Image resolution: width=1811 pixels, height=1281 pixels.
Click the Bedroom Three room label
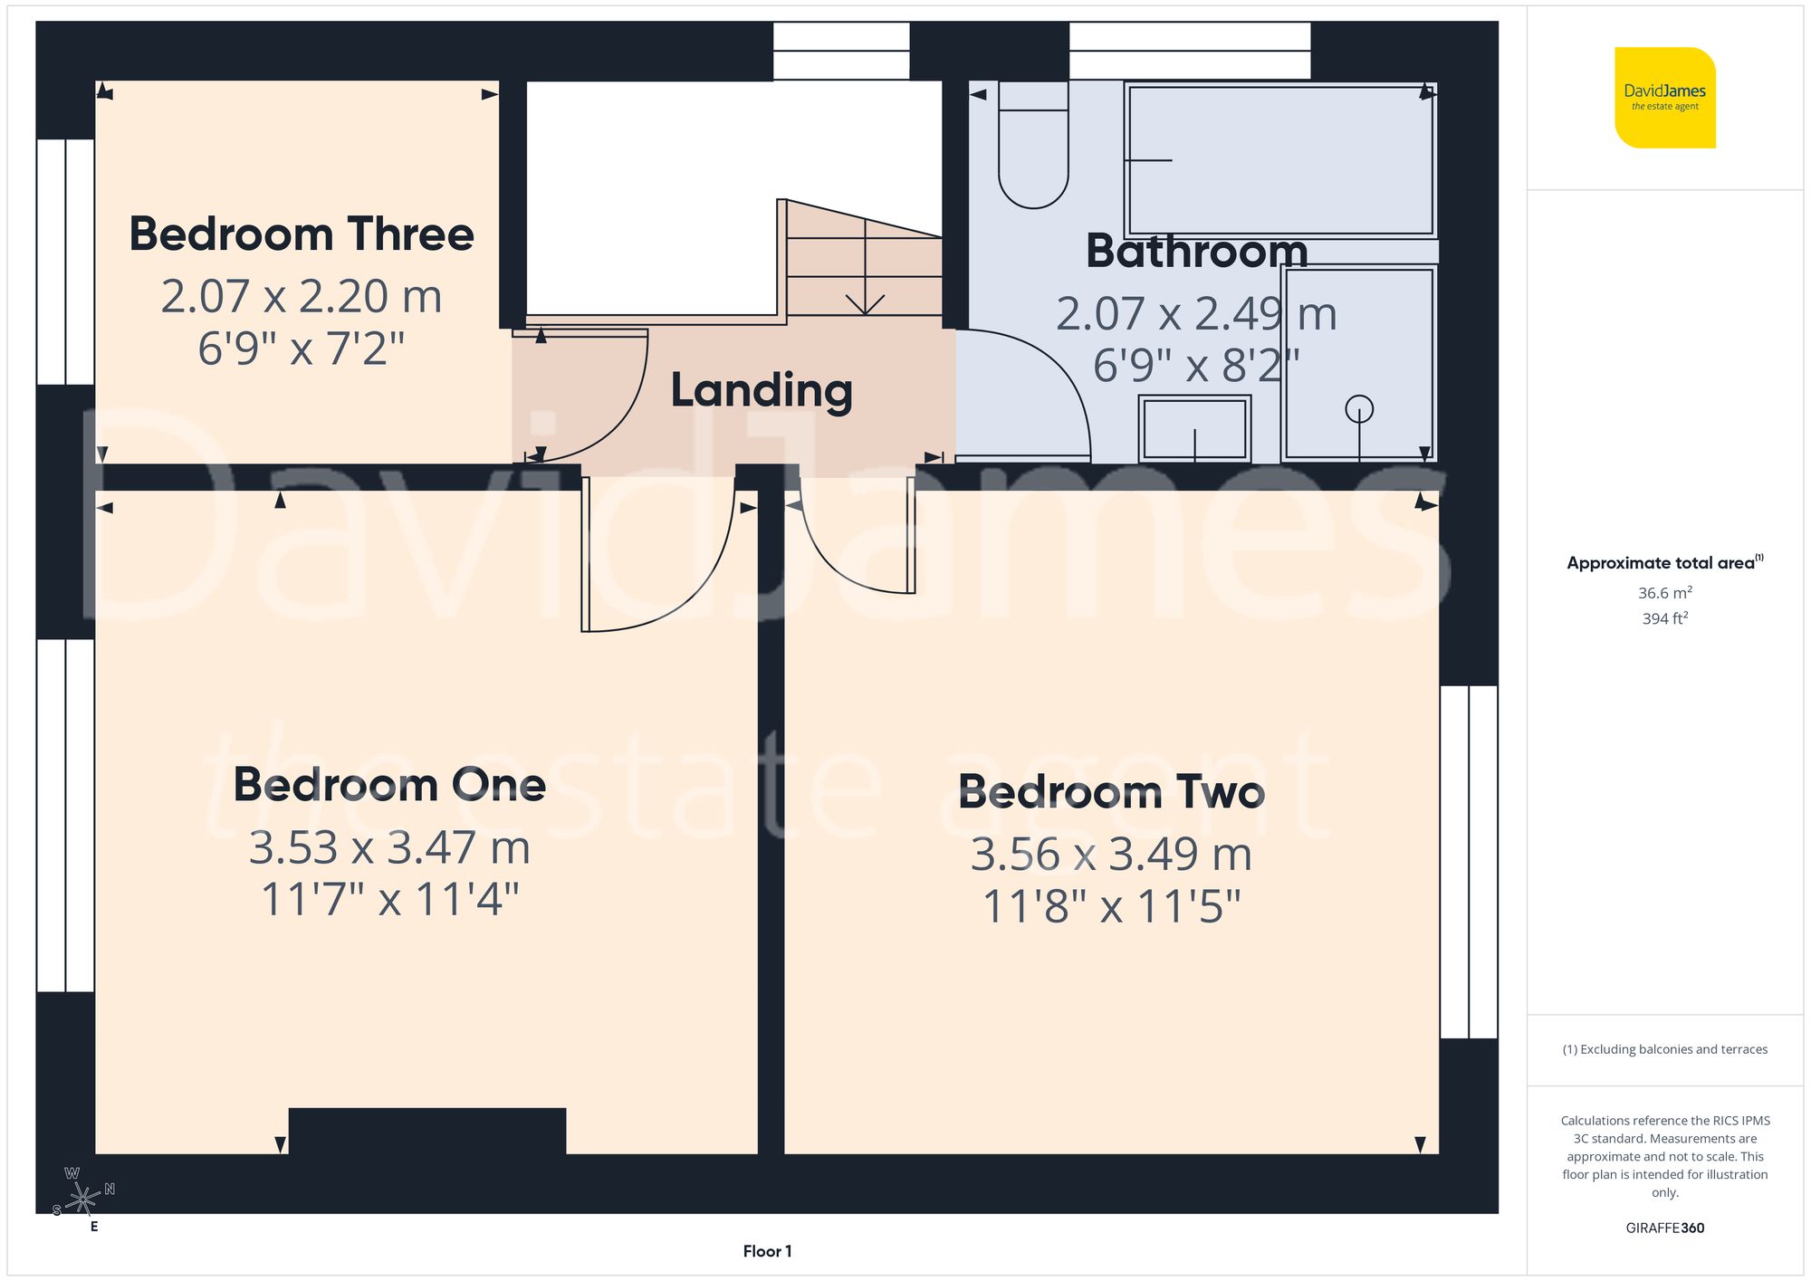[x=302, y=234]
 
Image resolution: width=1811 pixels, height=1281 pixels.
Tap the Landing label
[x=762, y=390]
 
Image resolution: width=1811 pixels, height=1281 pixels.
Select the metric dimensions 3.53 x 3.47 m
[x=389, y=848]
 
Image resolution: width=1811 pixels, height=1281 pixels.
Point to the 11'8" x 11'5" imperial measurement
[x=1111, y=906]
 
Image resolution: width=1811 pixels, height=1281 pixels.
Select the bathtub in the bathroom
[x=1279, y=160]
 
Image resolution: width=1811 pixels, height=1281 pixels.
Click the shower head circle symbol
[x=1358, y=409]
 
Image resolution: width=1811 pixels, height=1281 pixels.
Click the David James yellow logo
[x=1664, y=98]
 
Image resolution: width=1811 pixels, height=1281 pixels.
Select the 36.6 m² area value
[x=1664, y=593]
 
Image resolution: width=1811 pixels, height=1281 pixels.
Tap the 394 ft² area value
[x=1664, y=618]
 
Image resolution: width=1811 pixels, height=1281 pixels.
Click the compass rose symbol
[x=82, y=1199]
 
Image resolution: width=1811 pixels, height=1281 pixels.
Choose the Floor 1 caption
[x=767, y=1251]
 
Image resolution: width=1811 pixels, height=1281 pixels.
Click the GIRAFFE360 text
[x=1664, y=1228]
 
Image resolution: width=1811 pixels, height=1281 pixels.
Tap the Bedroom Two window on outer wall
[x=1468, y=861]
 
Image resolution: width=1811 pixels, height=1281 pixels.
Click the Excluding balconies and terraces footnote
[x=1664, y=1049]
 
